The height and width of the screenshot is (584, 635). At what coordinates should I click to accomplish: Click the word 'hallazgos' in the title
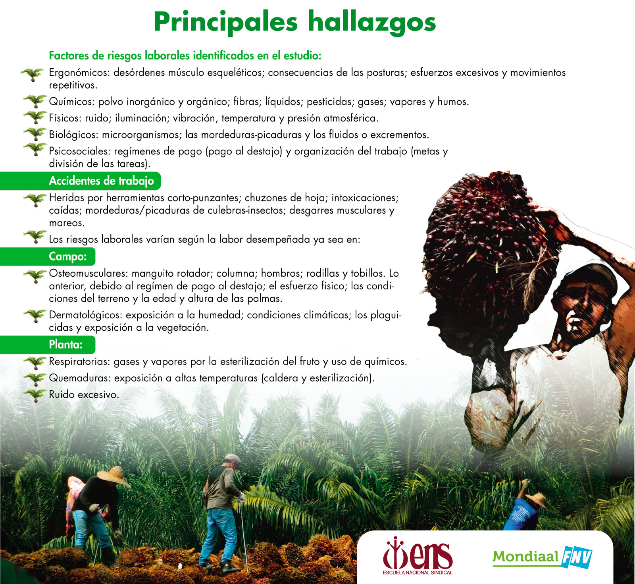coord(372,23)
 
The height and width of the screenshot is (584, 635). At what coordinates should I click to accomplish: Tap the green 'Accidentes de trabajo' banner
coord(81,181)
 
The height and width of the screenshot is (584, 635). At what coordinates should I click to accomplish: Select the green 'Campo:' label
coord(48,256)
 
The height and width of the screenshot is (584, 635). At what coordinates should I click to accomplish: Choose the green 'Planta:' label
coord(48,345)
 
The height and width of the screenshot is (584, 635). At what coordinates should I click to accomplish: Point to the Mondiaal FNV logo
coord(542,557)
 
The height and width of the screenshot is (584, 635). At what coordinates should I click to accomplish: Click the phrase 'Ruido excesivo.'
coord(84,395)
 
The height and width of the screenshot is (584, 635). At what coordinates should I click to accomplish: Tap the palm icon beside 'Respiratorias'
coord(35,362)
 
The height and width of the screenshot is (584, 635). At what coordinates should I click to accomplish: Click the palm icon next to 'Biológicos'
coord(35,134)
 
